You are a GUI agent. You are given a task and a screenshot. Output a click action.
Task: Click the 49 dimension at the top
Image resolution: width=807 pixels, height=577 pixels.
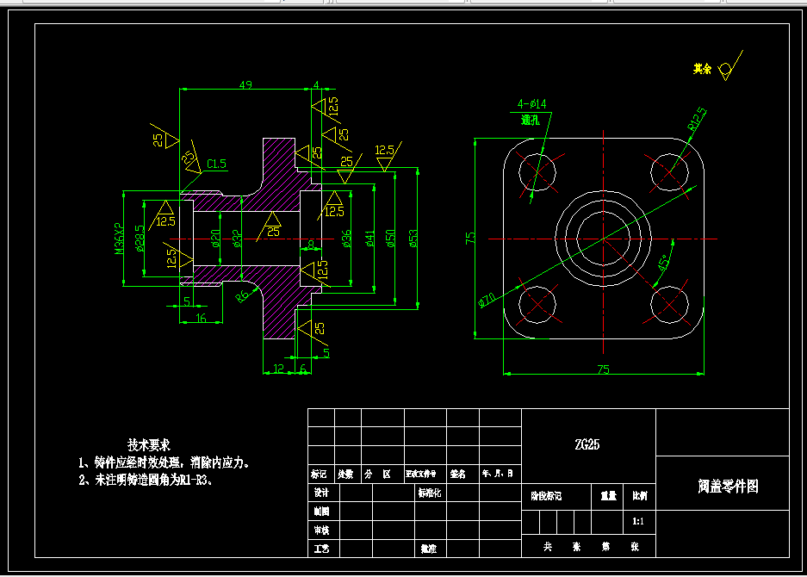pos(245,84)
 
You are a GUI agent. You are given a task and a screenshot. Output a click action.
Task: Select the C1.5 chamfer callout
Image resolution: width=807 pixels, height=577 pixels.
pos(216,164)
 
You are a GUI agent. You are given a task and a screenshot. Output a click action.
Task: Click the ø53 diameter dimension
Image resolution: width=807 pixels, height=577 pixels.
pos(413,238)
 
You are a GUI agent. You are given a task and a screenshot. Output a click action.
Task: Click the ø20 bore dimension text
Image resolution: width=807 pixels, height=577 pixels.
pos(215,238)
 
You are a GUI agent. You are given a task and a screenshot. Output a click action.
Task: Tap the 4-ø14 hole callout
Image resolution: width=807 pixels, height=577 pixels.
pos(531,104)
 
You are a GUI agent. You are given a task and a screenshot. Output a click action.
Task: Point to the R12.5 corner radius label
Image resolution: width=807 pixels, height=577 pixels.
pos(696,118)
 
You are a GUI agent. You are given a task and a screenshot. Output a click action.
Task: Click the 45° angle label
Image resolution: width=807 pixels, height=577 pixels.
pos(664,264)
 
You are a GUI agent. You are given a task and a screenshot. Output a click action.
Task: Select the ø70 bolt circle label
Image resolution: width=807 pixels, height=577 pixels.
pos(487,300)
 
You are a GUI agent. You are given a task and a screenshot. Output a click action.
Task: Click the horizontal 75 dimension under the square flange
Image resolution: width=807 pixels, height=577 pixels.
pos(603,369)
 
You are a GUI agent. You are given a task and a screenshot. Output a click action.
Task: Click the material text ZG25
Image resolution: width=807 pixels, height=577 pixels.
pos(587,444)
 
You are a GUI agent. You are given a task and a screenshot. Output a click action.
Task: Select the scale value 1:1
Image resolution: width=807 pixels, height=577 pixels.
pos(637,521)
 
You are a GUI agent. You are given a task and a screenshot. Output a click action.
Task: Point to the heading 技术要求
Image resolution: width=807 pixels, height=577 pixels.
pos(148,444)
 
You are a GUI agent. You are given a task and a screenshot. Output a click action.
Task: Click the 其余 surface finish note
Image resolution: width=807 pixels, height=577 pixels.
pos(703,69)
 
